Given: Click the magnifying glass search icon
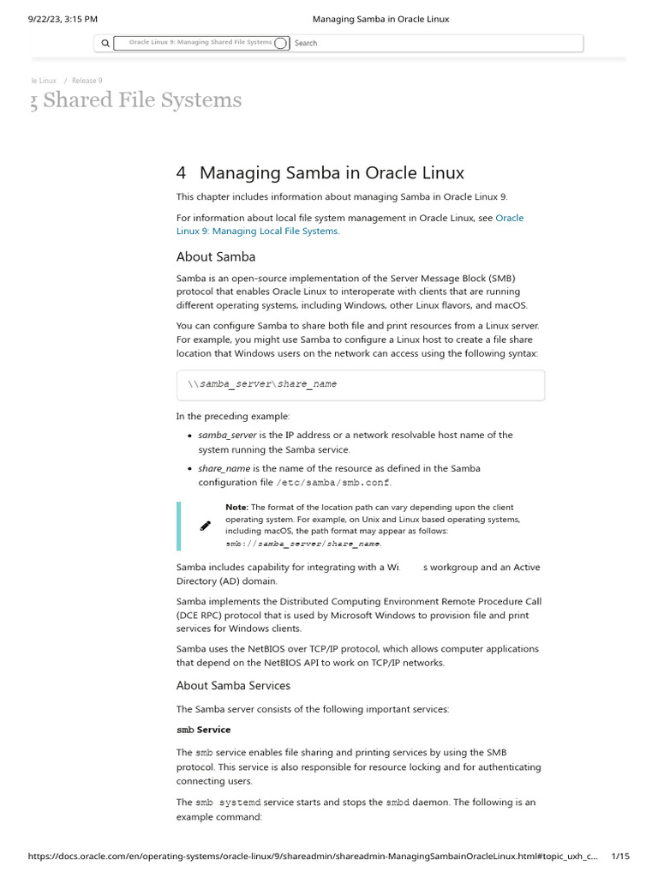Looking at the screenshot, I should [x=105, y=43].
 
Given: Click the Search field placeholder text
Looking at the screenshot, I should [x=306, y=43].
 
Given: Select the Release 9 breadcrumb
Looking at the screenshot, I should [x=87, y=81].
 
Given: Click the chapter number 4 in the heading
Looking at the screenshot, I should [x=181, y=172].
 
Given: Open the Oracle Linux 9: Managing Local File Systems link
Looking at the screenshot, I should [x=258, y=231].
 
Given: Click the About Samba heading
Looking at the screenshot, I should [x=215, y=256].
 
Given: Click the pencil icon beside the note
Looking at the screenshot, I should [x=205, y=526].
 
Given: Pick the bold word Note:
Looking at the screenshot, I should [x=236, y=508].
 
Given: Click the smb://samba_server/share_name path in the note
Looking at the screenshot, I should [x=303, y=544].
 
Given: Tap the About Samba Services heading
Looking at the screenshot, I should [x=233, y=685].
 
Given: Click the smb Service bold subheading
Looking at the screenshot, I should [x=203, y=730].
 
